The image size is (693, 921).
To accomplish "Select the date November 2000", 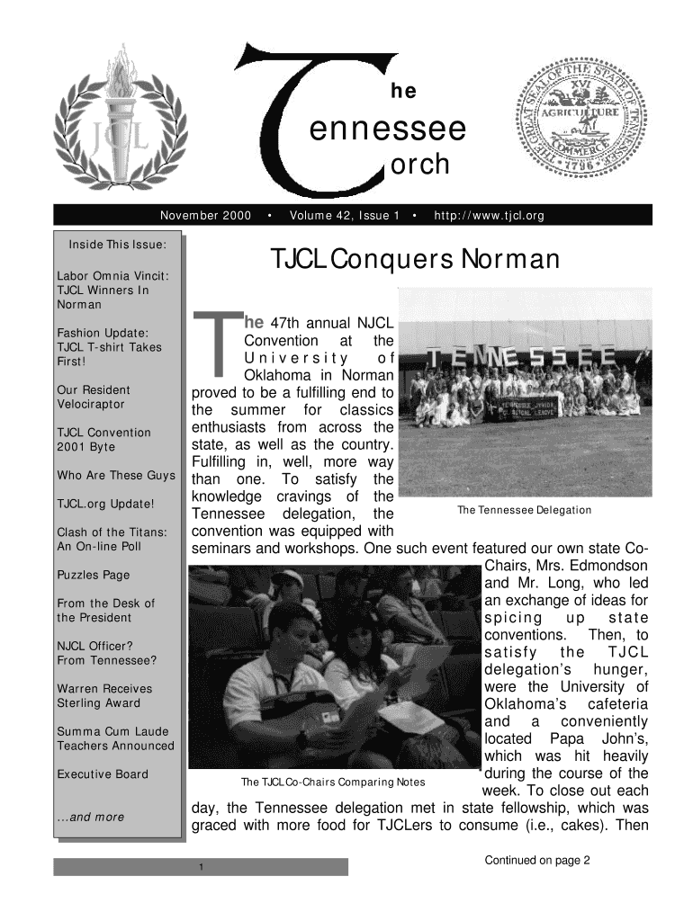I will pyautogui.click(x=205, y=216).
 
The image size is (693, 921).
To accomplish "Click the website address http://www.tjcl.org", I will pyautogui.click(x=489, y=216).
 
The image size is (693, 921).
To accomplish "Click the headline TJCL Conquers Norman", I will pyautogui.click(x=416, y=260).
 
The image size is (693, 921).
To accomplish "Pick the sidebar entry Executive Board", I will pyautogui.click(x=103, y=774).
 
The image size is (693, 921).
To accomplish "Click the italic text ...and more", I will pyautogui.click(x=90, y=817).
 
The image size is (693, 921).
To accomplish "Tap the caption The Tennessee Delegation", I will pyautogui.click(x=525, y=510).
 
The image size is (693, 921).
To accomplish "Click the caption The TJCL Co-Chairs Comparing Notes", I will pyautogui.click(x=332, y=781).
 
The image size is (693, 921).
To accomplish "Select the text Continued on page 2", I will pyautogui.click(x=537, y=860).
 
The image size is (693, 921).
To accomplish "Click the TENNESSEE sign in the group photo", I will pyautogui.click(x=522, y=359).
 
